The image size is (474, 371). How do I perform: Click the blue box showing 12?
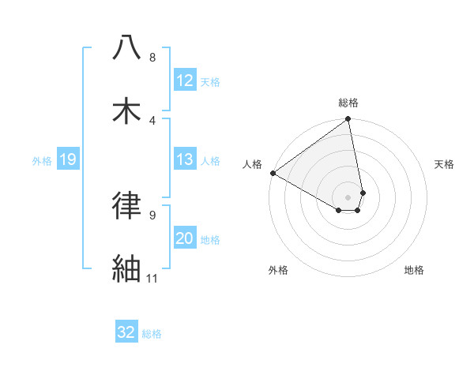pyautogui.click(x=185, y=80)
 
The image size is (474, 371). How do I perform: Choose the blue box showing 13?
pyautogui.click(x=185, y=159)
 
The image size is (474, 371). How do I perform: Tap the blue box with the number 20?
pyautogui.click(x=185, y=238)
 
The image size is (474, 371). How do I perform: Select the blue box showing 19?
pyautogui.click(x=67, y=159)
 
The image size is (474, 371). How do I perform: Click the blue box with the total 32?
pyautogui.click(x=126, y=332)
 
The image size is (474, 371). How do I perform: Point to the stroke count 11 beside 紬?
pyautogui.click(x=152, y=278)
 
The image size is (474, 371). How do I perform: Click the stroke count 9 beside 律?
pyautogui.click(x=152, y=215)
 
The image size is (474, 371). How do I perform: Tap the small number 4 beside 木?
pyautogui.click(x=152, y=120)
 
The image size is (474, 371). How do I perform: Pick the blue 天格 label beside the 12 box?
pyautogui.click(x=210, y=81)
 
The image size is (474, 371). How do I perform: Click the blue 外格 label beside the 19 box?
pyautogui.click(x=42, y=160)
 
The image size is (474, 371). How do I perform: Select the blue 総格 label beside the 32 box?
pyautogui.click(x=152, y=334)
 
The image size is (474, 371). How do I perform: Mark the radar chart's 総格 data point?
pyautogui.click(x=348, y=119)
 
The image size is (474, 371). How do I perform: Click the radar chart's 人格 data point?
pyautogui.click(x=273, y=173)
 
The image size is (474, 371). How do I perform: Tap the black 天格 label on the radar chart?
pyautogui.click(x=445, y=164)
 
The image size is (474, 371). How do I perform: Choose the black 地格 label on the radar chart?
pyautogui.click(x=414, y=270)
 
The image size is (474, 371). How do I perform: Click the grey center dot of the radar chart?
pyautogui.click(x=348, y=197)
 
